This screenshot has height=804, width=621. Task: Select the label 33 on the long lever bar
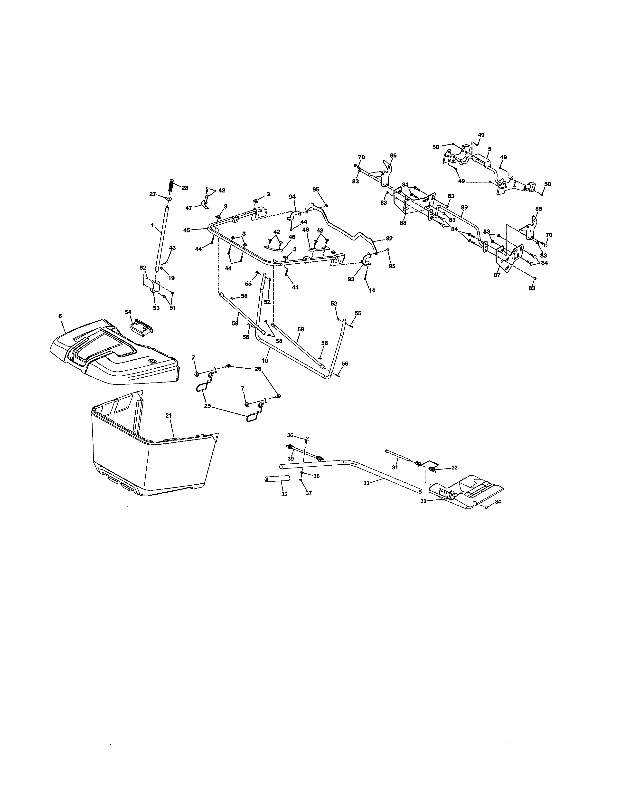[366, 483]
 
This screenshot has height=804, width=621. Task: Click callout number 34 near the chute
[498, 501]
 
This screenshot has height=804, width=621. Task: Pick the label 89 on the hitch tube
[464, 207]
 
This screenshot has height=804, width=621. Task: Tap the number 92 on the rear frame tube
[389, 238]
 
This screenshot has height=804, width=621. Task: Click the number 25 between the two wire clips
[207, 405]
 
